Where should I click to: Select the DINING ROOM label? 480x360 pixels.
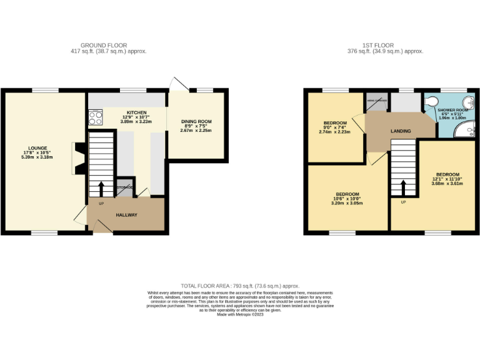click(x=196, y=122)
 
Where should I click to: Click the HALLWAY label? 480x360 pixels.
click(x=126, y=215)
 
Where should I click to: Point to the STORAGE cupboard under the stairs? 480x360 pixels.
click(x=124, y=186)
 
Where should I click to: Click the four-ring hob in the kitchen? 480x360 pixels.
click(x=96, y=117)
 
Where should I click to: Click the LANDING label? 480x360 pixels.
click(x=401, y=131)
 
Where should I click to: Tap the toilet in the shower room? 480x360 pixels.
click(x=432, y=102)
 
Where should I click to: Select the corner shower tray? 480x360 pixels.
click(x=464, y=130)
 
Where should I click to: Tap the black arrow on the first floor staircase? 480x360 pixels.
click(x=403, y=187)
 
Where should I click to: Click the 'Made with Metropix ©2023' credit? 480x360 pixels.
click(x=240, y=314)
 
